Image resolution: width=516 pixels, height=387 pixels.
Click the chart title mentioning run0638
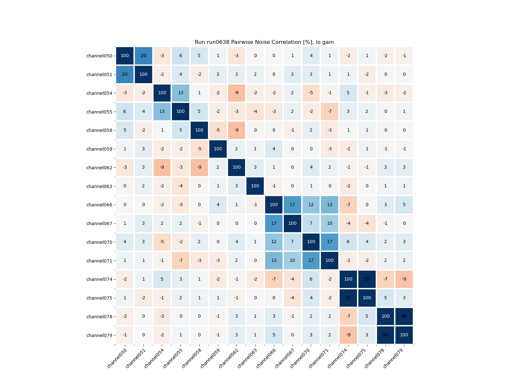tap(264, 42)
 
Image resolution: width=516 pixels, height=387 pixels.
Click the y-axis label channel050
tap(99, 56)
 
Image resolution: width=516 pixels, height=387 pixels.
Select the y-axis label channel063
tap(99, 186)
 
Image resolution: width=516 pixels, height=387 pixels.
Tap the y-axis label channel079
tap(99, 335)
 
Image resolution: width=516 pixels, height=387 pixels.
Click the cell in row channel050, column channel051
tap(144, 56)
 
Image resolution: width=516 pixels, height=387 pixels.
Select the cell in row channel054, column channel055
tap(181, 93)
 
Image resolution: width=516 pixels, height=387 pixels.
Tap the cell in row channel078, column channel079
tap(404, 316)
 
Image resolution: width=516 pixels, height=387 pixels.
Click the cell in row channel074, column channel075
tap(367, 279)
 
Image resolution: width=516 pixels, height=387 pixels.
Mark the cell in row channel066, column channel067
tap(293, 205)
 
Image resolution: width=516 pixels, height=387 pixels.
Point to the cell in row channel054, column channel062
tap(237, 93)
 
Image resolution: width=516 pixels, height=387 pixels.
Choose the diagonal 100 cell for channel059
tap(218, 149)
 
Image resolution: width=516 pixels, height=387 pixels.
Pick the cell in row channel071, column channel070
tap(311, 261)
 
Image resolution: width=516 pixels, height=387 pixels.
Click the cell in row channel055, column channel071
tap(330, 112)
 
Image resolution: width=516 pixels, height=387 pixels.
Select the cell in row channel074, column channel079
tap(404, 279)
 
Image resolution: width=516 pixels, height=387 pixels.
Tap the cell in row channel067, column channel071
tap(330, 223)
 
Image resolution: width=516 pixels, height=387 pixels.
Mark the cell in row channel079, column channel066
tap(274, 335)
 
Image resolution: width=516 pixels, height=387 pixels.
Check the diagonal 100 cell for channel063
tap(255, 186)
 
